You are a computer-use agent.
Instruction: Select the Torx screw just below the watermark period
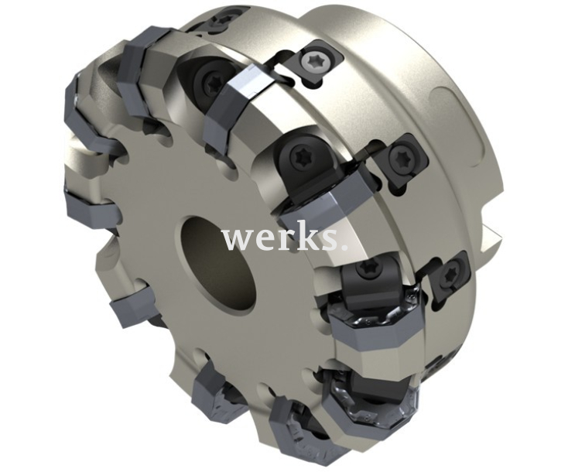[x=367, y=272]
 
